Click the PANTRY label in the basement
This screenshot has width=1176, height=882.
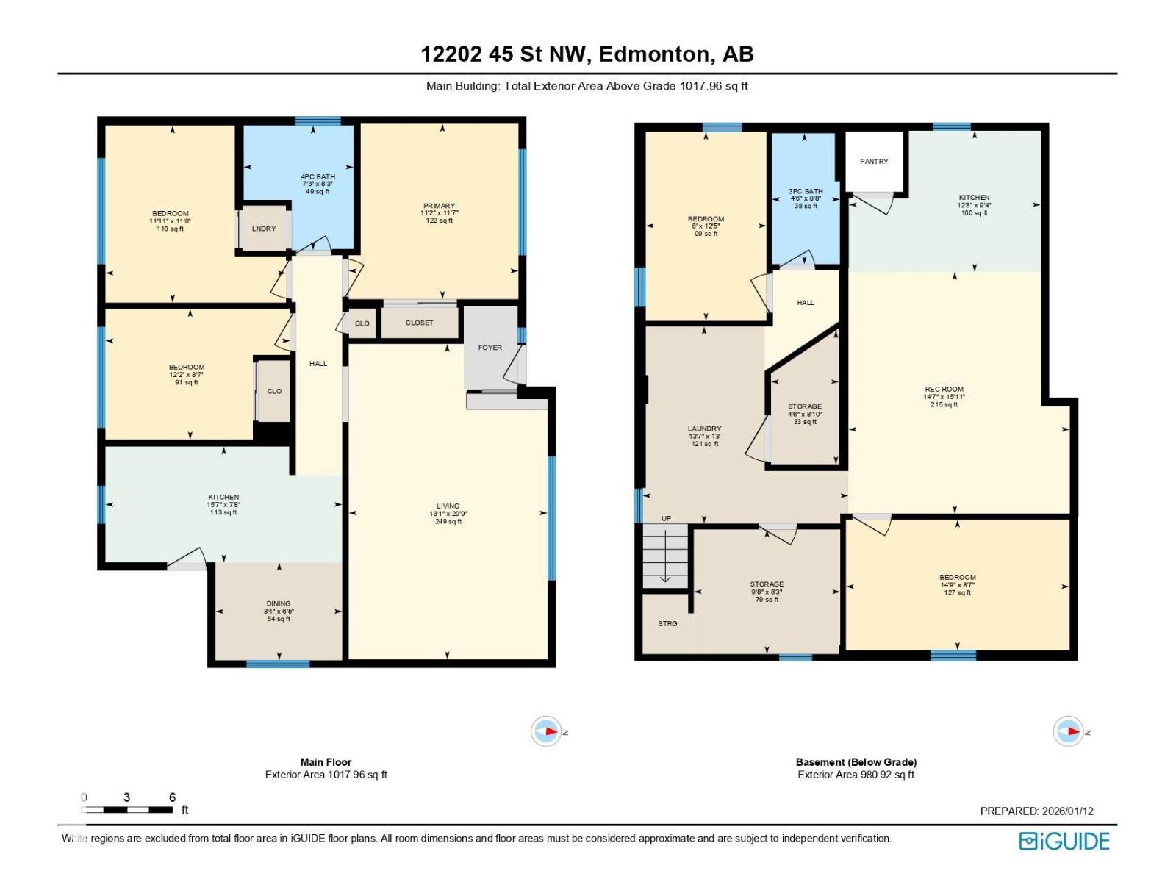click(x=874, y=162)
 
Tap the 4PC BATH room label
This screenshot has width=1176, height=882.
click(x=318, y=177)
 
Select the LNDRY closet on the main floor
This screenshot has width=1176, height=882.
click(x=264, y=229)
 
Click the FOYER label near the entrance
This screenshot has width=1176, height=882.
click(x=490, y=348)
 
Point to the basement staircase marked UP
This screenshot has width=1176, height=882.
click(x=665, y=556)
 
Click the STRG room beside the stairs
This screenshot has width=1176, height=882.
click(x=667, y=623)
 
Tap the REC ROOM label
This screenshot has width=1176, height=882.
click(x=944, y=390)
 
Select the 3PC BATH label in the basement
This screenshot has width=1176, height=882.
click(x=806, y=192)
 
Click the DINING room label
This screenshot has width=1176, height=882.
click(x=279, y=603)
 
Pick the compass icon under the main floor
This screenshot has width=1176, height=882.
click(x=546, y=731)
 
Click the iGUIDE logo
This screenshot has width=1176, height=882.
click(x=1064, y=841)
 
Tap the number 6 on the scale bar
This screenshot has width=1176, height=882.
click(x=172, y=797)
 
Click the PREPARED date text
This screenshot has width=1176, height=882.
click(x=1036, y=811)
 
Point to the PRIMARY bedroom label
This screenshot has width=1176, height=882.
click(x=439, y=206)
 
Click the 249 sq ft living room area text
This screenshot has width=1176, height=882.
click(x=448, y=522)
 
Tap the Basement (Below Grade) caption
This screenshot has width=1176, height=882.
click(x=856, y=762)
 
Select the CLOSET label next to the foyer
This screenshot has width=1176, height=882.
click(x=419, y=323)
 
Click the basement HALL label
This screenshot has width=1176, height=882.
click(x=806, y=303)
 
